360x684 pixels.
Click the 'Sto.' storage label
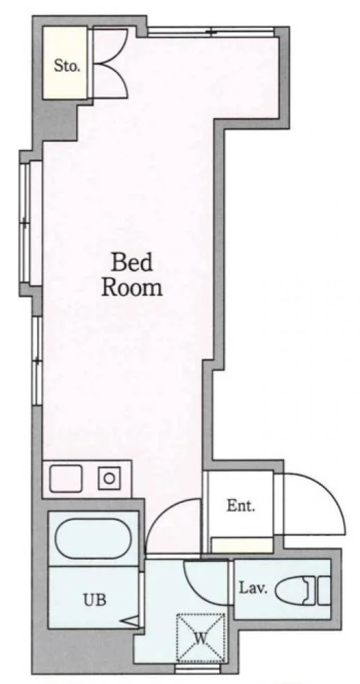pyautogui.click(x=67, y=66)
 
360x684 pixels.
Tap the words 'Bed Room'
pyautogui.click(x=132, y=275)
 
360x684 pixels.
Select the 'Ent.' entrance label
pyautogui.click(x=241, y=506)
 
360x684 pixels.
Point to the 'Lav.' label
pyautogui.click(x=253, y=588)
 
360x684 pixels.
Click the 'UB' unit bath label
pyautogui.click(x=94, y=600)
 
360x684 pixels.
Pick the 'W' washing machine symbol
pyautogui.click(x=200, y=638)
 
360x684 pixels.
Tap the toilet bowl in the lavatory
pyautogui.click(x=294, y=590)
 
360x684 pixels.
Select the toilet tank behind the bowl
pyautogui.click(x=324, y=590)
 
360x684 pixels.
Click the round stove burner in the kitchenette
pyautogui.click(x=109, y=478)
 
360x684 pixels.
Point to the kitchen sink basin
pyautogui.click(x=66, y=479)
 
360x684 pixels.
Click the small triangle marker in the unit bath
pyautogui.click(x=132, y=620)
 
